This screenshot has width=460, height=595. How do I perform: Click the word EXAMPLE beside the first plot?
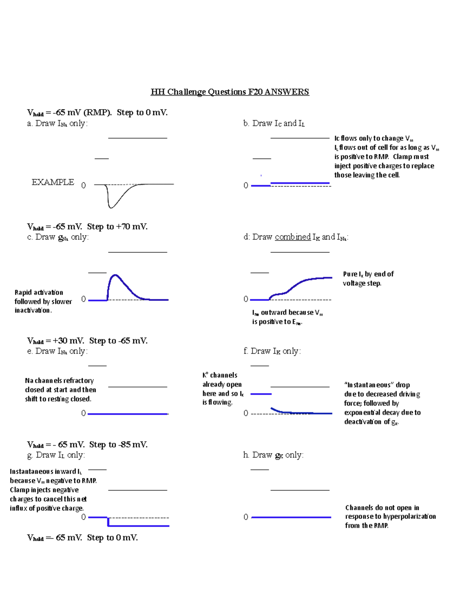tap(53, 182)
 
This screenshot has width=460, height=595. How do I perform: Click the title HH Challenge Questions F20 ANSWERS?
tap(230, 92)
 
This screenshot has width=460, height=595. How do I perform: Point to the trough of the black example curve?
tap(111, 207)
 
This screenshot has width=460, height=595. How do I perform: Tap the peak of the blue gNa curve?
tap(115, 275)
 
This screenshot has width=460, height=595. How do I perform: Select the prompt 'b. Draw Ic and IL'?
tap(274, 123)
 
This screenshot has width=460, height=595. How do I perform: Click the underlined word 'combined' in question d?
tap(292, 237)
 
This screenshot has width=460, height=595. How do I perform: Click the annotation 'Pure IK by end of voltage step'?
tap(368, 279)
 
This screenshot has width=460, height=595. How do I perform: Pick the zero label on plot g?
tap(84, 517)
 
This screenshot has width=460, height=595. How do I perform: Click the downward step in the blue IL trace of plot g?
tap(108, 522)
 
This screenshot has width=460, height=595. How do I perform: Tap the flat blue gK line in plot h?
tap(291, 517)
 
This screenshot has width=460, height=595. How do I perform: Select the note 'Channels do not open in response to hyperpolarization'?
tap(390, 516)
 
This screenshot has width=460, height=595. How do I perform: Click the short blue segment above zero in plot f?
tap(261, 394)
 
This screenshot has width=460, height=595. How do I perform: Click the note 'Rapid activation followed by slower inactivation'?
tap(43, 302)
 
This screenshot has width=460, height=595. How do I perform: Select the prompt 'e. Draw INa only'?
tap(58, 351)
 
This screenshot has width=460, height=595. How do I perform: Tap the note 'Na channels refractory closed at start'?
tap(60, 390)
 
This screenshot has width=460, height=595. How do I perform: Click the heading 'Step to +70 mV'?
tap(117, 227)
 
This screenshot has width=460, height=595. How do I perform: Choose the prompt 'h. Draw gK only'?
tap(273, 455)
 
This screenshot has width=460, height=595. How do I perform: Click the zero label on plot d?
tap(246, 299)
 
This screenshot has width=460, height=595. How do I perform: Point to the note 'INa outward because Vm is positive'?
tap(287, 317)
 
